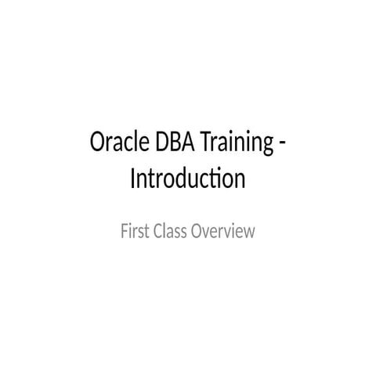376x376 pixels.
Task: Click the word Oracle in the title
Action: (x=117, y=145)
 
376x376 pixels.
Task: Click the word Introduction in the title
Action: (x=187, y=179)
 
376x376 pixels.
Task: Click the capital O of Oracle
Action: (x=99, y=145)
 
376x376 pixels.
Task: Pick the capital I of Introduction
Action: (x=132, y=179)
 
